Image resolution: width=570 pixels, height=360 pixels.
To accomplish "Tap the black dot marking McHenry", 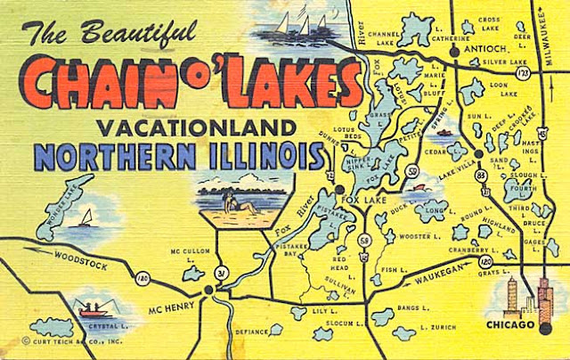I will coord(208,289).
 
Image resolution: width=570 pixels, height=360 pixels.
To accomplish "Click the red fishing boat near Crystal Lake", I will coord(91,311).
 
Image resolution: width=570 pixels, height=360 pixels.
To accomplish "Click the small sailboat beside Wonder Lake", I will coord(86,217).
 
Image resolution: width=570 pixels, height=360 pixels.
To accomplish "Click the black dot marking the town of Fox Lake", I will coord(339,189).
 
